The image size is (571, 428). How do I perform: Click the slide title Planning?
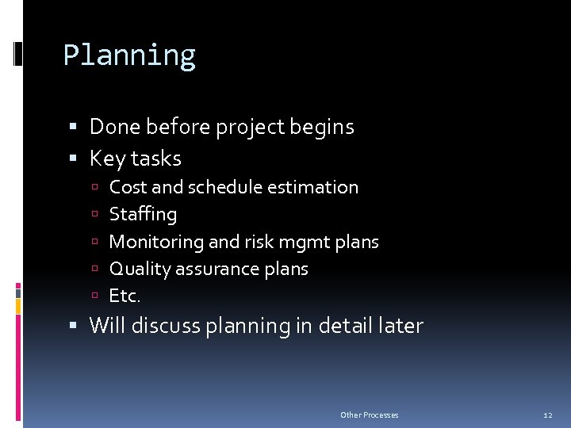pyautogui.click(x=129, y=56)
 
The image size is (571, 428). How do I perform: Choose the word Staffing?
pyautogui.click(x=143, y=215)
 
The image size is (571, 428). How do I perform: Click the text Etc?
pyautogui.click(x=125, y=296)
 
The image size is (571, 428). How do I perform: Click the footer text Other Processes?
pyautogui.click(x=370, y=415)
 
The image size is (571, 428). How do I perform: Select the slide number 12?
pyautogui.click(x=547, y=415)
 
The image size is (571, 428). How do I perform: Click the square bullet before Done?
pyautogui.click(x=73, y=128)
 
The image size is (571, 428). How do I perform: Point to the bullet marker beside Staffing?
pyautogui.click(x=94, y=215)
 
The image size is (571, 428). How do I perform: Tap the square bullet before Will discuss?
pyautogui.click(x=73, y=326)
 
